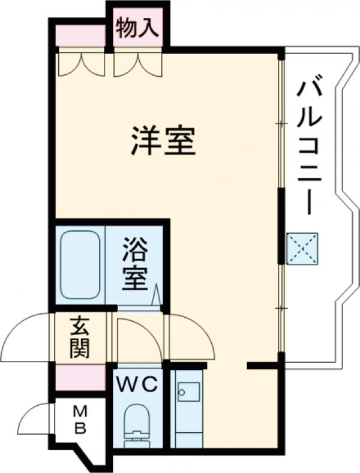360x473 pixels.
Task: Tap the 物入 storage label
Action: (x=137, y=29)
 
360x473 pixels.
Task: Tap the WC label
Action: (x=137, y=384)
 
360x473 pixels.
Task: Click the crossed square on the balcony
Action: (x=302, y=248)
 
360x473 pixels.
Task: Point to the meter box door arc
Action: (x=35, y=418)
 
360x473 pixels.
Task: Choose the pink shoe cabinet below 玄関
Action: (x=80, y=378)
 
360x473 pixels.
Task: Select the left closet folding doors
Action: (x=80, y=64)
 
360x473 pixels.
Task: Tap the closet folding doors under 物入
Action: (x=137, y=64)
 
